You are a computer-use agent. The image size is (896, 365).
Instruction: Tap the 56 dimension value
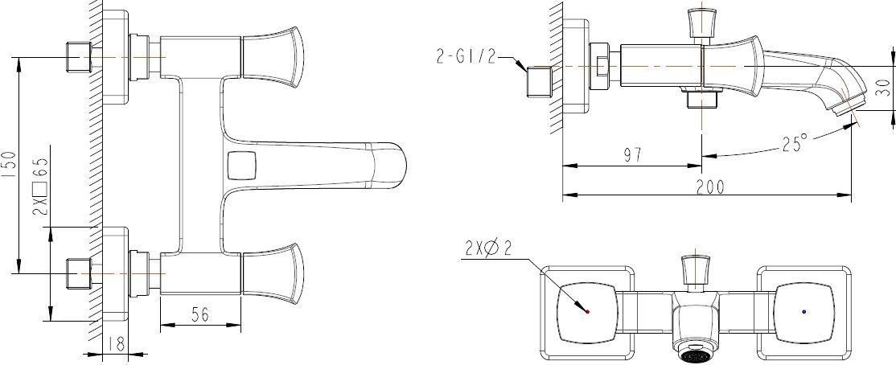point(200,315)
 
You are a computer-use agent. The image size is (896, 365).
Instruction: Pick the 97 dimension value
point(632,155)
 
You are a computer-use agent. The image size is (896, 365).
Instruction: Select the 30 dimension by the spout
point(883,87)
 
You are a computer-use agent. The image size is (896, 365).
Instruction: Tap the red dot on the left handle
point(588,310)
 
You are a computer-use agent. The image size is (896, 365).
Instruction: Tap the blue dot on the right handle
point(805,310)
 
